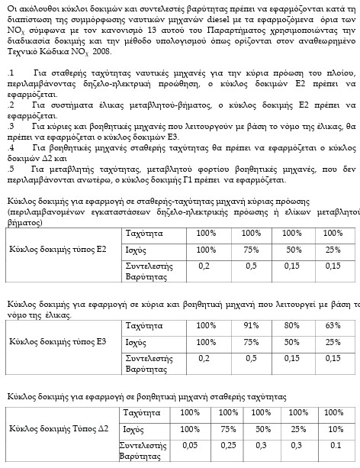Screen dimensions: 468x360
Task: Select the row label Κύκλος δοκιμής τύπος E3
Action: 57,341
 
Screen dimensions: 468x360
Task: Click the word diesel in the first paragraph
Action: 196,15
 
